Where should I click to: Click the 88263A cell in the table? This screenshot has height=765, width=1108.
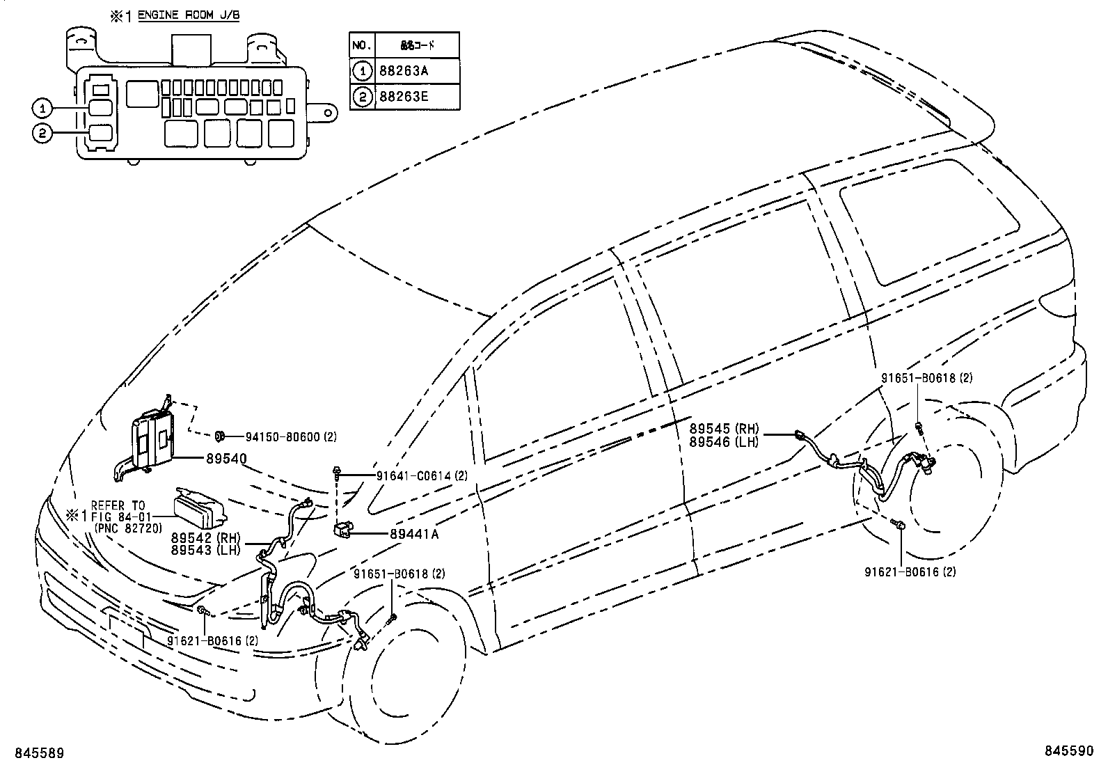404,71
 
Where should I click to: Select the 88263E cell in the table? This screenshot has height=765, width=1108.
404,97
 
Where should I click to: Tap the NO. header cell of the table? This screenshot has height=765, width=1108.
361,45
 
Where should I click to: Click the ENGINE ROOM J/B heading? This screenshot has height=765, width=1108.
188,15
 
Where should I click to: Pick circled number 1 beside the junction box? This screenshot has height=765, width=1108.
42,108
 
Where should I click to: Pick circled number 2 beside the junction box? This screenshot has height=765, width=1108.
42,134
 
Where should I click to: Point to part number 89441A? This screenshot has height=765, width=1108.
414,534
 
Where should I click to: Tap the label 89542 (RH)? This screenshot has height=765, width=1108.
206,538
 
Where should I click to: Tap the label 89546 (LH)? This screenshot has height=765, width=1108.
725,441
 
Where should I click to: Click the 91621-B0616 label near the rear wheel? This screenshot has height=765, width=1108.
901,571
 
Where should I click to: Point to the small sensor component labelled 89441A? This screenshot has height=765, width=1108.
344,530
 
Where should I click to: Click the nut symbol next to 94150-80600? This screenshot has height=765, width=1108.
219,436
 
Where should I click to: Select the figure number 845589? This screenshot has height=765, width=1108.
34,752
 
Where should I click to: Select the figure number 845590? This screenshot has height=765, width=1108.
1073,752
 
